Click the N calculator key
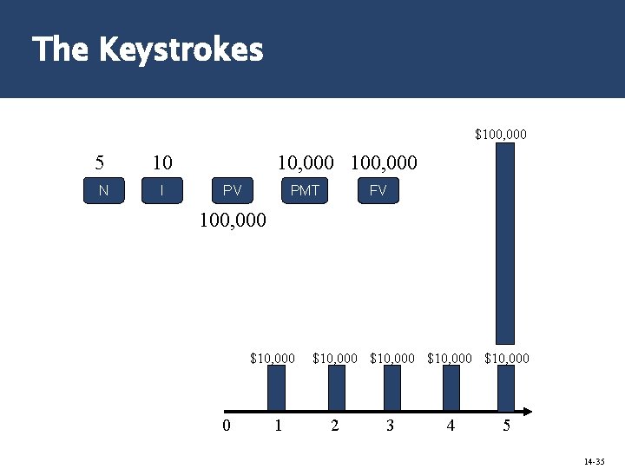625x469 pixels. (x=104, y=190)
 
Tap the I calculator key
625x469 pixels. (x=162, y=190)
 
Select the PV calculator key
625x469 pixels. (x=233, y=190)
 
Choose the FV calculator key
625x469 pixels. (x=378, y=190)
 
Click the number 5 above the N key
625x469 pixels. (x=102, y=162)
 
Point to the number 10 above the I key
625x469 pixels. (x=162, y=162)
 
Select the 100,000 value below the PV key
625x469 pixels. (x=234, y=221)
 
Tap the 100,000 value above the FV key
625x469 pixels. (x=384, y=162)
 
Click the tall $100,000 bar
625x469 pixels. (x=504, y=243)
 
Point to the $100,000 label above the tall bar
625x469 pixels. (x=501, y=135)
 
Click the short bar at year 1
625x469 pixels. (x=276, y=386)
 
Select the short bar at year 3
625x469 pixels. (x=392, y=386)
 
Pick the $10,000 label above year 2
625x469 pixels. (x=335, y=358)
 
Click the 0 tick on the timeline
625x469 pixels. (x=226, y=426)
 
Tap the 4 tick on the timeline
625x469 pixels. (x=451, y=426)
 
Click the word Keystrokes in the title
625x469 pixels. (x=181, y=50)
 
